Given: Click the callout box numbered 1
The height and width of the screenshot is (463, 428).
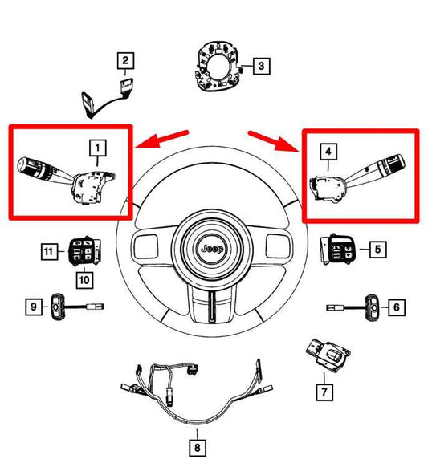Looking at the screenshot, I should tap(96, 148).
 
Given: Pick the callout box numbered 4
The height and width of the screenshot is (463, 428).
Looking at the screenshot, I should tap(328, 150).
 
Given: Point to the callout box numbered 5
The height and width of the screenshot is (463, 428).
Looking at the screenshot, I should tap(376, 250).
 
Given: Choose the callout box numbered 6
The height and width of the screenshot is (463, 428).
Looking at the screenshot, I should tap(394, 306).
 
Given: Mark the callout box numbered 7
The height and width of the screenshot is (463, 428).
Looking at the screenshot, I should tap(324, 392).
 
